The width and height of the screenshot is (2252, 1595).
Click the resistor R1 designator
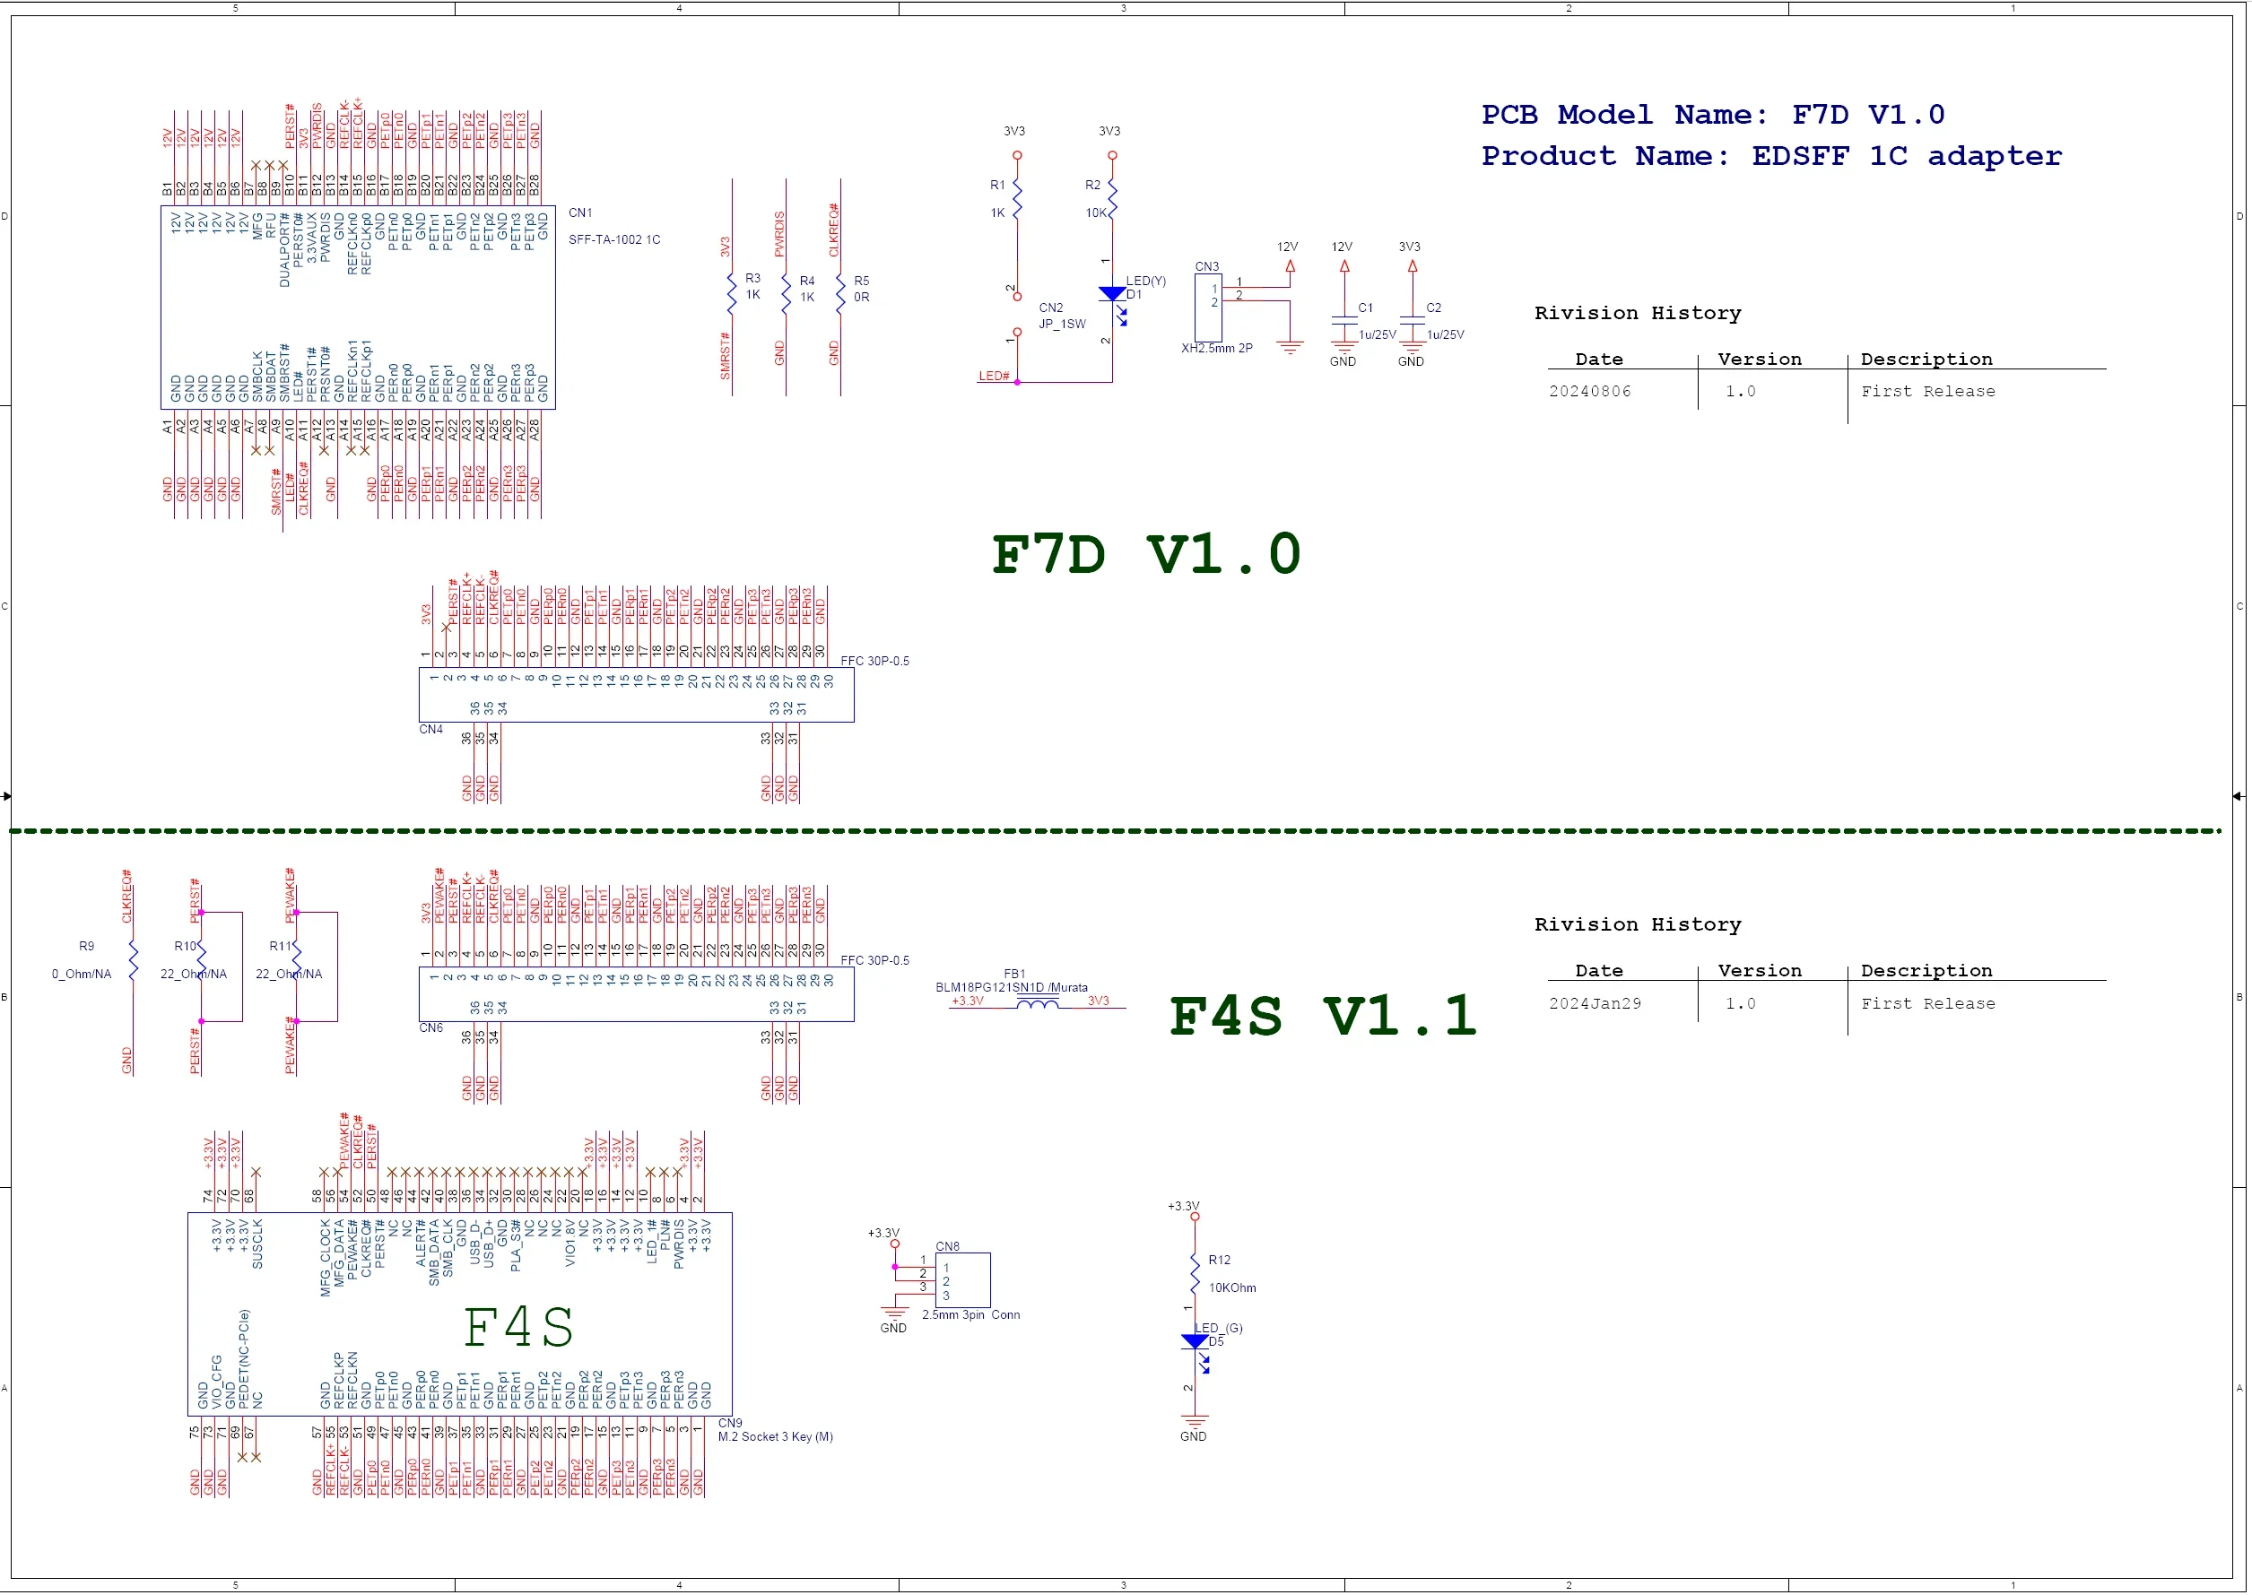click(996, 185)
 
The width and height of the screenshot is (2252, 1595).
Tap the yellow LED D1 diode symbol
click(1112, 294)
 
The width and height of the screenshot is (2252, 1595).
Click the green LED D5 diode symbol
click(1195, 1341)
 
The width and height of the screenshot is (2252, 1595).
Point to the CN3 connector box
click(1207, 308)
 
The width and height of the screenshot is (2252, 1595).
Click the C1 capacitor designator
click(1365, 308)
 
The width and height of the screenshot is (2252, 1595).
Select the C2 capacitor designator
click(1433, 308)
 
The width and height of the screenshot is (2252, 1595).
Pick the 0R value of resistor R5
click(861, 298)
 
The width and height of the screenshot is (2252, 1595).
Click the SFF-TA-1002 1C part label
click(614, 239)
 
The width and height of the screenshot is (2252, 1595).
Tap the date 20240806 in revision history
click(1590, 392)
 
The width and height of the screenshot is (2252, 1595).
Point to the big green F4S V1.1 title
click(1323, 1017)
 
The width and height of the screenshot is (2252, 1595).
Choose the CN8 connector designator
click(947, 1246)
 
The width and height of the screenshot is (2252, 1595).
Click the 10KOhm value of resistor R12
click(1232, 1287)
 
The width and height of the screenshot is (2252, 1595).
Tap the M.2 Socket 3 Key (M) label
click(775, 1437)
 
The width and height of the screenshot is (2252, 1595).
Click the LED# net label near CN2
click(994, 377)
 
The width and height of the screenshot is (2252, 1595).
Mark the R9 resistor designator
click(86, 946)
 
